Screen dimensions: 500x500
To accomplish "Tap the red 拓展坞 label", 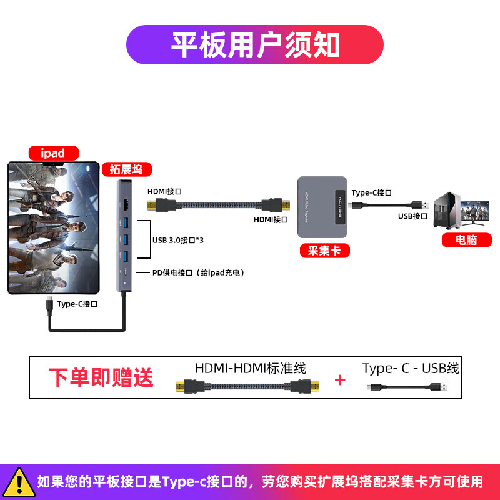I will (126, 169).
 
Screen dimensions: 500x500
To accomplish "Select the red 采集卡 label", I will (324, 251).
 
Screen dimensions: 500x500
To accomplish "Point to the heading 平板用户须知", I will (255, 45).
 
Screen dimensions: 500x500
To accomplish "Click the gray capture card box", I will (322, 207).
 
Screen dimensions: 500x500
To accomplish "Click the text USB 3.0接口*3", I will (178, 239).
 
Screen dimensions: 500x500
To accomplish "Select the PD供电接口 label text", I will (198, 272).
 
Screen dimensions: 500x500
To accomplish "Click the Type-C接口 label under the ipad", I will (77, 304).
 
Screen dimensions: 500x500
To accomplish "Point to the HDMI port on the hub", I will (127, 204).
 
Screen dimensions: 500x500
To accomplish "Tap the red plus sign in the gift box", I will (340, 380).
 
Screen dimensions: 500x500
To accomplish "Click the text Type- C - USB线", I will (411, 368).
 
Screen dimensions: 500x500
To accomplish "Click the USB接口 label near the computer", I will (412, 216).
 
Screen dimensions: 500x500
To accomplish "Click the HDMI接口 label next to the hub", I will (164, 192).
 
